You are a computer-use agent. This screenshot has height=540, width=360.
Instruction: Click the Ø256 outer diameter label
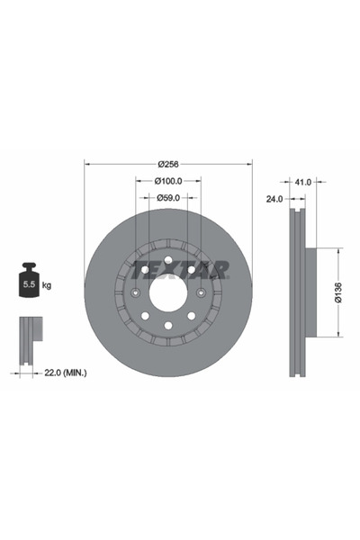167,164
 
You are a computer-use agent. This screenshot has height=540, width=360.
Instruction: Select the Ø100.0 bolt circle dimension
167,181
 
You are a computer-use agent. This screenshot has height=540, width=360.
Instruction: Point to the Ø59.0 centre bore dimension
167,197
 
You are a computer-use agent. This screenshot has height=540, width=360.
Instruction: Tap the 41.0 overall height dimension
302,181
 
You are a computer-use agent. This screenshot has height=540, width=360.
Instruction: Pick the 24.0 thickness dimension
274,198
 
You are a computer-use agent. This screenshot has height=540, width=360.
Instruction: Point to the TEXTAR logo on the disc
180,269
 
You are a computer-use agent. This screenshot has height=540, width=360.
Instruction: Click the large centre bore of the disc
168,292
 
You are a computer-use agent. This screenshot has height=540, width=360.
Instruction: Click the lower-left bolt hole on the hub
145,316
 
